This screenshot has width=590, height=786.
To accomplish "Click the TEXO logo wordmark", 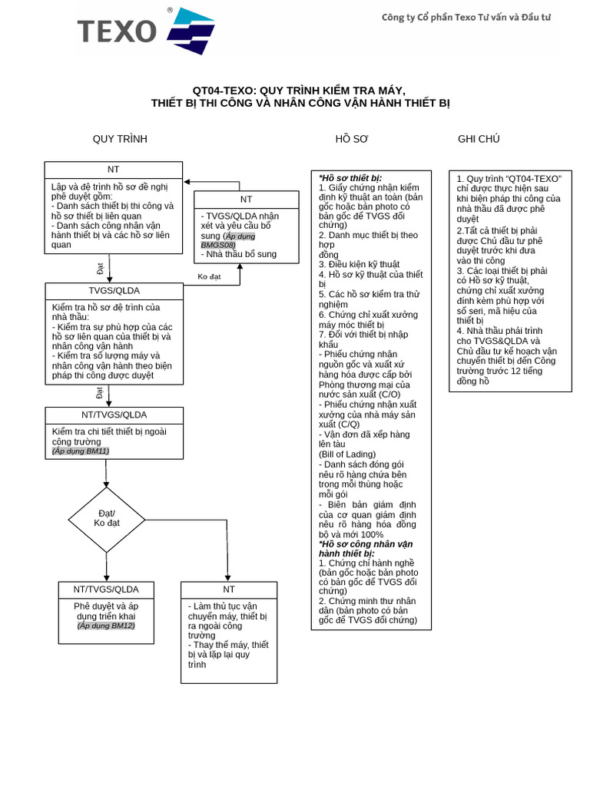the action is [117, 31].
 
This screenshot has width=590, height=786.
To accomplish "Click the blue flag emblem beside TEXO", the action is [191, 31].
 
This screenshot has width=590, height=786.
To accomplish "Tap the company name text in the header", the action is [466, 18].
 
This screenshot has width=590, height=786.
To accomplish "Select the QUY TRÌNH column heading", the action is [120, 139].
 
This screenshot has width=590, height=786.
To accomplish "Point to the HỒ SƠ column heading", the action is [352, 139].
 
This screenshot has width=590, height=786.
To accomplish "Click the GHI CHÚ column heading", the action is [479, 139].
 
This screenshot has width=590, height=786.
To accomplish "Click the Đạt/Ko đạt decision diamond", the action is [107, 520].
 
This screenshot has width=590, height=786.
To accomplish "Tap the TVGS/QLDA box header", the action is [114, 291].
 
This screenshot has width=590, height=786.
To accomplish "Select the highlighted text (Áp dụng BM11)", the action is [81, 451].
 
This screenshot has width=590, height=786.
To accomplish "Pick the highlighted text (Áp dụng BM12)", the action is [106, 626].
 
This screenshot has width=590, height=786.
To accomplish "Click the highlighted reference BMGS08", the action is [218, 245].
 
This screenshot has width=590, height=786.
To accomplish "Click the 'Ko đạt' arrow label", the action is [209, 276].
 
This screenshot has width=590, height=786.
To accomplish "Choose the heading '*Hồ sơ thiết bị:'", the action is [350, 178].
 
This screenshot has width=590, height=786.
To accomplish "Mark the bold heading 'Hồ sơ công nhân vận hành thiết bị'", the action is [366, 549].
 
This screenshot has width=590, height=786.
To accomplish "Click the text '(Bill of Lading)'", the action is [347, 454].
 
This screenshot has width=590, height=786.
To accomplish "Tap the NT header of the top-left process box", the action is [114, 170].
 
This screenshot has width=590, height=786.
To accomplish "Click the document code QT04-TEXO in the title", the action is [224, 91].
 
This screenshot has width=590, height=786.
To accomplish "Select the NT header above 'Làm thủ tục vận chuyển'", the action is [229, 589].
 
